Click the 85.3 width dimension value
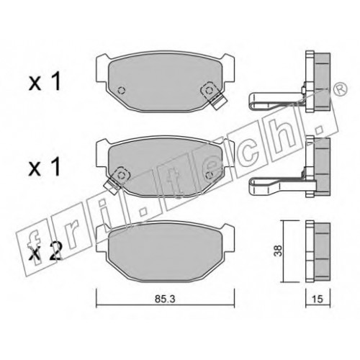[165, 299]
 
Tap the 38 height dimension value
[278, 251]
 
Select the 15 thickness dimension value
[318, 300]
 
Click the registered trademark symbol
[341, 89]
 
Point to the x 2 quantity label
[45, 251]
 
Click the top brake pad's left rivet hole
[122, 90]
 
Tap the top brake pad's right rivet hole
[210, 90]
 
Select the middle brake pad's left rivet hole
[123, 174]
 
